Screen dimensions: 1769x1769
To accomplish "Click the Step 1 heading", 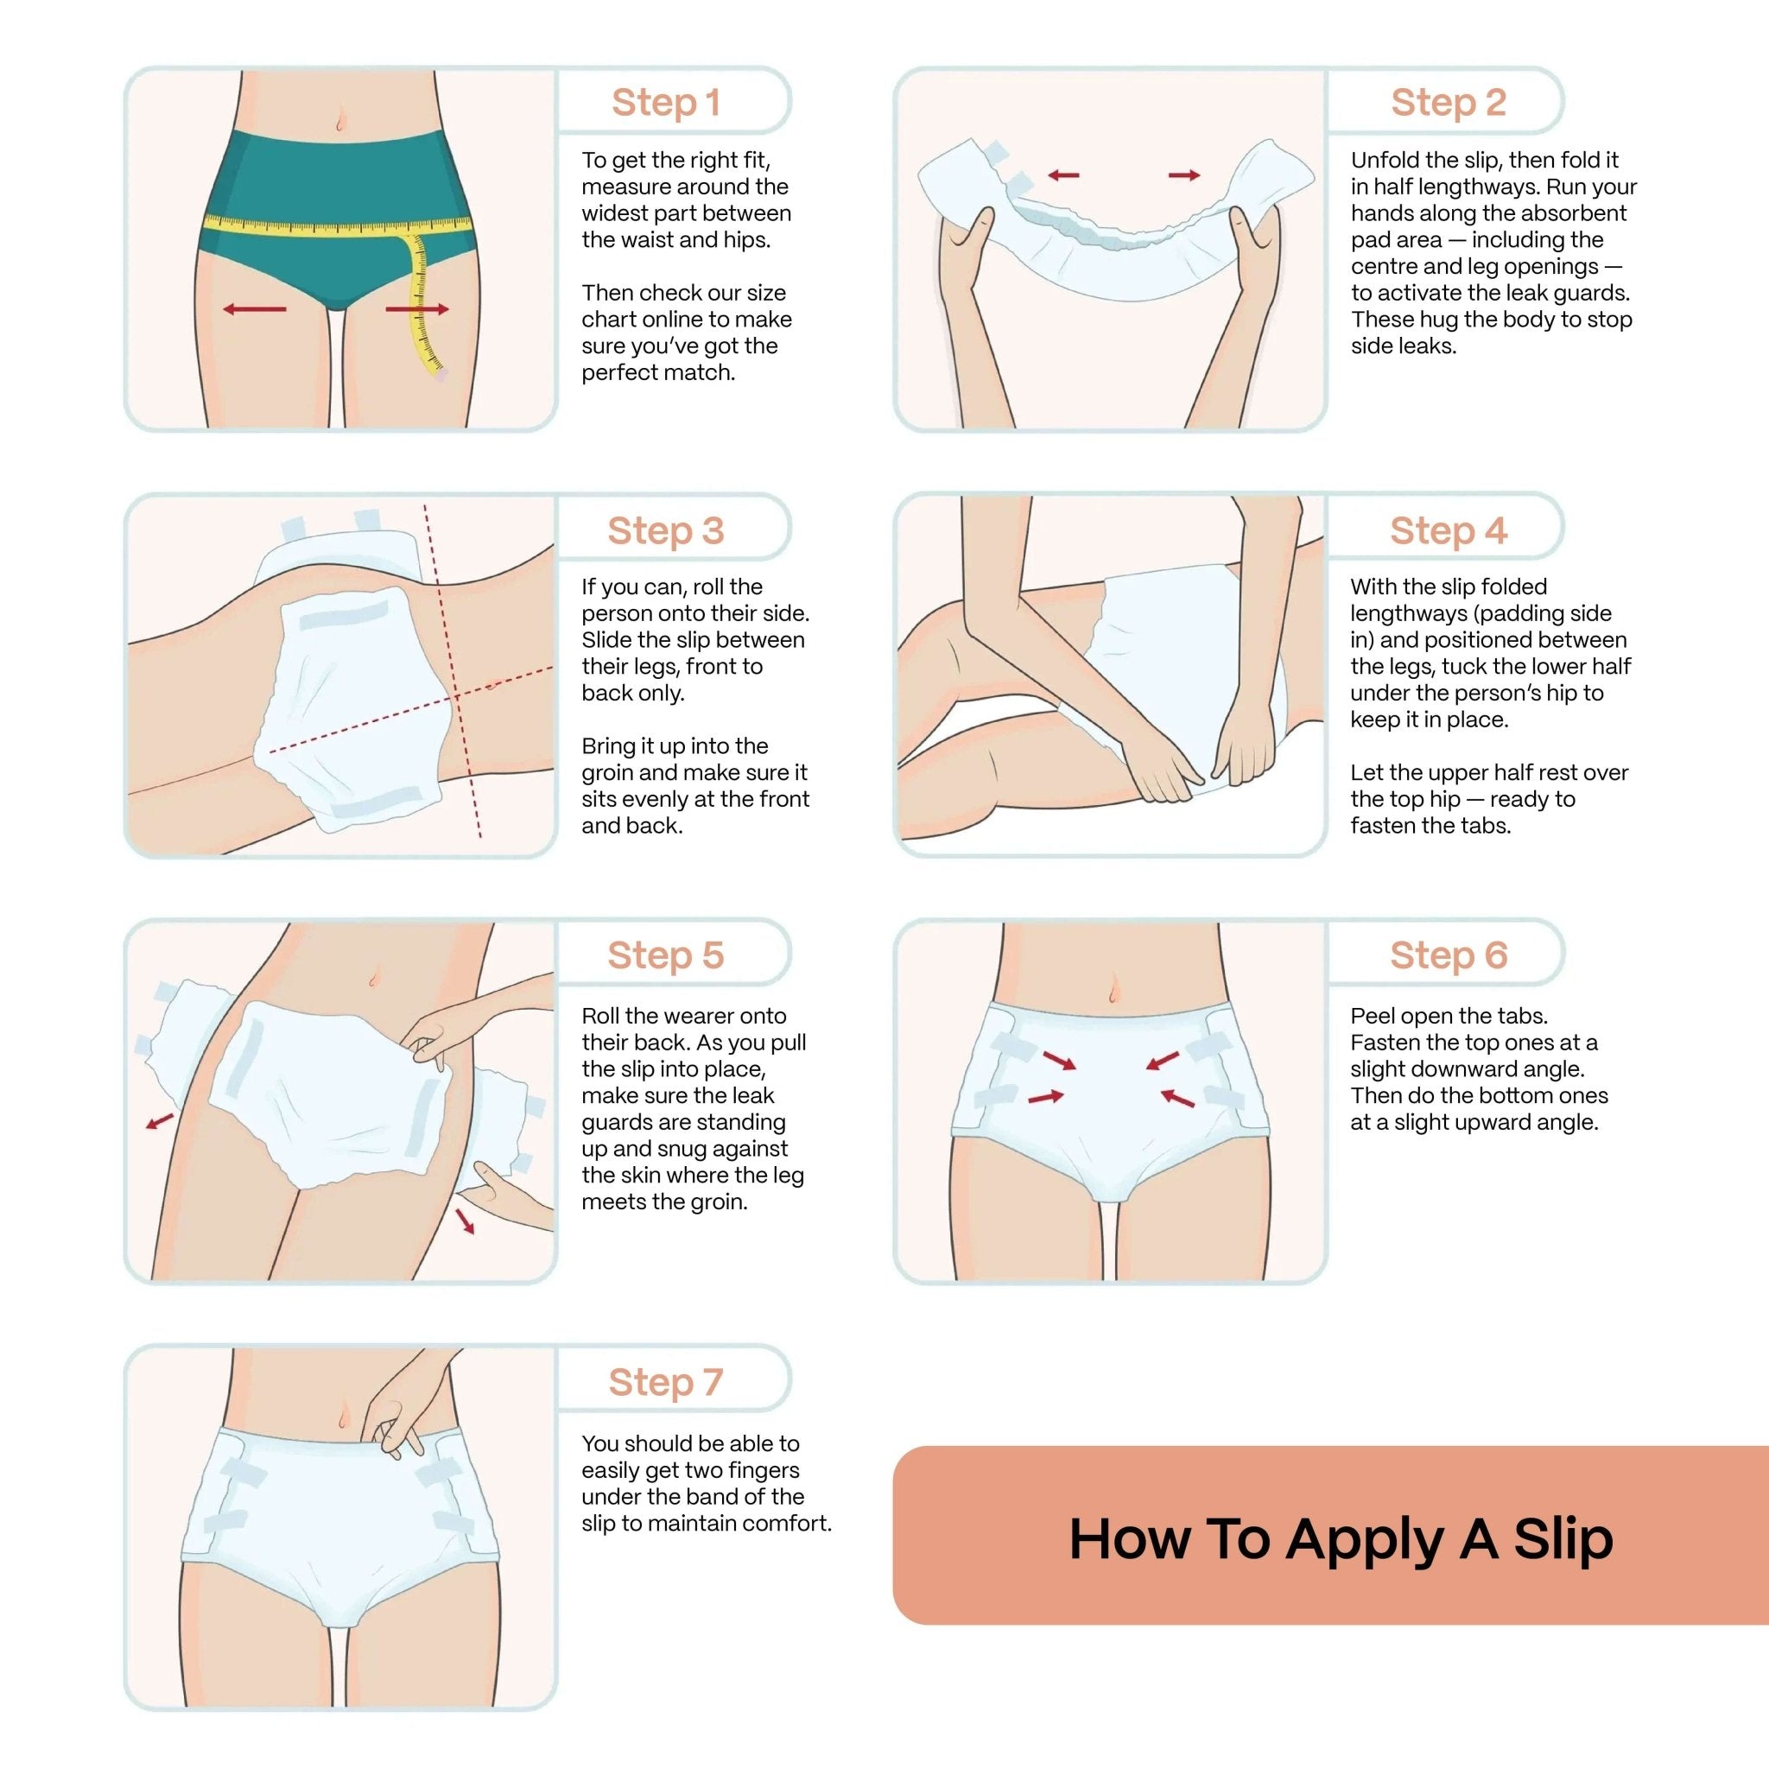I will pos(666,102).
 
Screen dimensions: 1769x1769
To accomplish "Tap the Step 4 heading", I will pos(1448,530).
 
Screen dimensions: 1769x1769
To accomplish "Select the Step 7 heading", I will pos(666,1382).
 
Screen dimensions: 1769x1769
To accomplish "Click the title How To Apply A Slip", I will pos(1341,1539).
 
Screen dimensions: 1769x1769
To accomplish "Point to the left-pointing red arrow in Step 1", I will pos(255,309).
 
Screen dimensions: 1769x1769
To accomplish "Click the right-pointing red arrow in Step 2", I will pos(1184,174).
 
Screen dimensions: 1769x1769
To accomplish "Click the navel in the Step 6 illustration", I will pos(1113,989).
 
